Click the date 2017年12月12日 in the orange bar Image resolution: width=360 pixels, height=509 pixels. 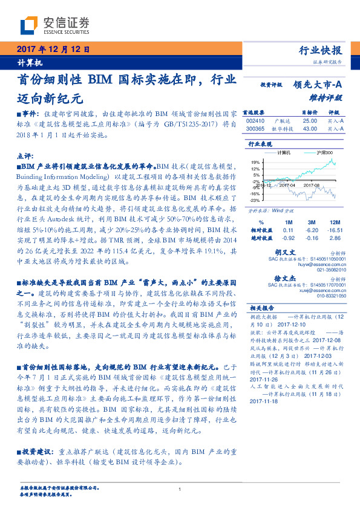[x=54, y=50]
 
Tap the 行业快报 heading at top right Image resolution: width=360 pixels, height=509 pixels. [x=321, y=51]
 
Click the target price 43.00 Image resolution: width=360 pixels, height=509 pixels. [x=310, y=128]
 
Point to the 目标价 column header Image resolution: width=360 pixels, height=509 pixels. [x=310, y=112]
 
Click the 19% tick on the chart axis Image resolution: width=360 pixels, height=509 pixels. [x=255, y=162]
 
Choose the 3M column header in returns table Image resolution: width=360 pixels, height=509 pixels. [x=312, y=222]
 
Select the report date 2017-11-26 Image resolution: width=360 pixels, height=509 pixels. [x=262, y=361]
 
